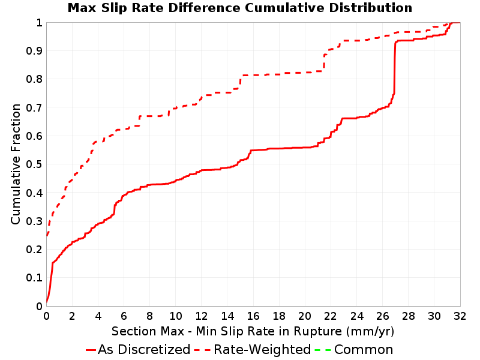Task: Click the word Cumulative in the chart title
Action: [284, 8]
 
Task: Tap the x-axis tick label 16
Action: [253, 316]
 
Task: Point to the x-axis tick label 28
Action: [408, 316]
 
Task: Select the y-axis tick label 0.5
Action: [34, 164]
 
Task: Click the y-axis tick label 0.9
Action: [34, 51]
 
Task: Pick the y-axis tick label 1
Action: [39, 23]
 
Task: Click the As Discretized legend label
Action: [144, 350]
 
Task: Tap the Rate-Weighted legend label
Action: [262, 350]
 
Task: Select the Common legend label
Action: [364, 350]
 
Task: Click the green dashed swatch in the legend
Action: [323, 350]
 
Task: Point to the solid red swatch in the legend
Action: [91, 350]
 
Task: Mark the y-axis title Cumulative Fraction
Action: [16, 164]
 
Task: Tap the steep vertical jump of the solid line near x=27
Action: [395, 67]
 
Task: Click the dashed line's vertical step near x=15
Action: [241, 82]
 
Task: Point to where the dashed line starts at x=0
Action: [47, 235]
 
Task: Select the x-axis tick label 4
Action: [98, 316]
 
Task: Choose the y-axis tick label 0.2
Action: [34, 250]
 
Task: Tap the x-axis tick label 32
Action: [460, 316]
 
